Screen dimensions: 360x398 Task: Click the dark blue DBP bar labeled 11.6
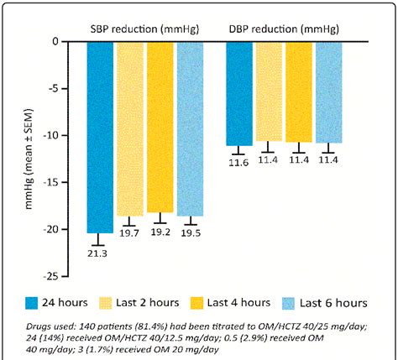click(238, 93)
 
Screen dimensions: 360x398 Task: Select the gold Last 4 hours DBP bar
click(298, 91)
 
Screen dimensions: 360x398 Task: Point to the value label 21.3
click(100, 253)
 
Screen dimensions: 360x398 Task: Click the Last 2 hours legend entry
click(164, 302)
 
